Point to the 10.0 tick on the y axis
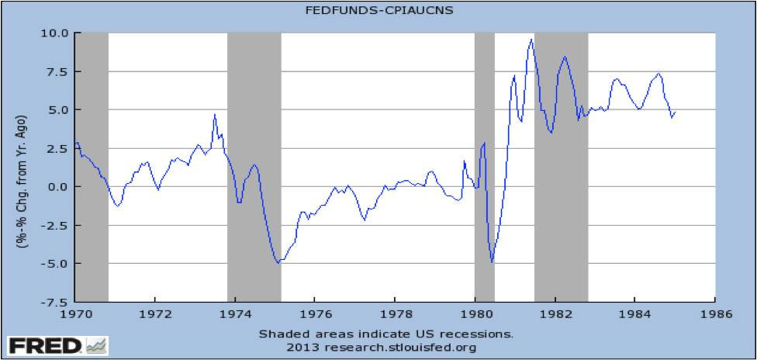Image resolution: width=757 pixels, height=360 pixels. (56, 33)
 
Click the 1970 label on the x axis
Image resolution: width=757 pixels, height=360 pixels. (75, 316)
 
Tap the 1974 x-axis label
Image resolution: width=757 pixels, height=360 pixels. (235, 316)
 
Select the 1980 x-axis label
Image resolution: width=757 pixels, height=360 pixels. (475, 316)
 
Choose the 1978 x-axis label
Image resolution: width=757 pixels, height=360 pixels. (395, 316)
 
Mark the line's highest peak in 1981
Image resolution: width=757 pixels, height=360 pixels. (531, 40)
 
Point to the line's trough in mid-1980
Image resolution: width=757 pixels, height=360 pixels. (493, 262)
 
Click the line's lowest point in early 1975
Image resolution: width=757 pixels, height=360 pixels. (278, 263)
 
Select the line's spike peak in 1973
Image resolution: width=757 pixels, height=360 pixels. (215, 115)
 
